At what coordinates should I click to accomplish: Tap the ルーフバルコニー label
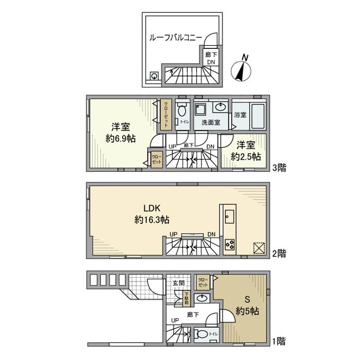[x=175, y=38]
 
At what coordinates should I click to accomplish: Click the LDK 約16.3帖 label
[x=152, y=214]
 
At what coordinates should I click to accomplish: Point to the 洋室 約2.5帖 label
[x=245, y=151]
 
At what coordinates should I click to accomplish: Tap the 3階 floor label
[x=280, y=167]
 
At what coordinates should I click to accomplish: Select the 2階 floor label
[x=279, y=253]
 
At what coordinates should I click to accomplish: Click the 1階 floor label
[x=279, y=341]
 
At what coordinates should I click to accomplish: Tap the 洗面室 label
[x=211, y=122]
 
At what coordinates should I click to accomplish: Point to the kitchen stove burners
[x=229, y=246]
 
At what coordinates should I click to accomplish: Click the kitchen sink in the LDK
[x=229, y=216]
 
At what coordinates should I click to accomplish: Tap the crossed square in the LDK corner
[x=259, y=248]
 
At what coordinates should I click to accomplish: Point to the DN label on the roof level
[x=211, y=62]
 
